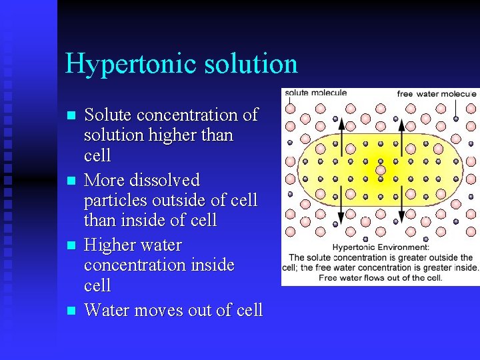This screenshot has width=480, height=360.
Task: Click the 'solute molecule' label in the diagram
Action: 316,93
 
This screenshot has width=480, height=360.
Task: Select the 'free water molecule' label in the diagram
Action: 437,93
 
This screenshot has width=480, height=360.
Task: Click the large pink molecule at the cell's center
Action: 381,170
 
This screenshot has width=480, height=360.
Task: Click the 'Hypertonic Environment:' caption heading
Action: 380,247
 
